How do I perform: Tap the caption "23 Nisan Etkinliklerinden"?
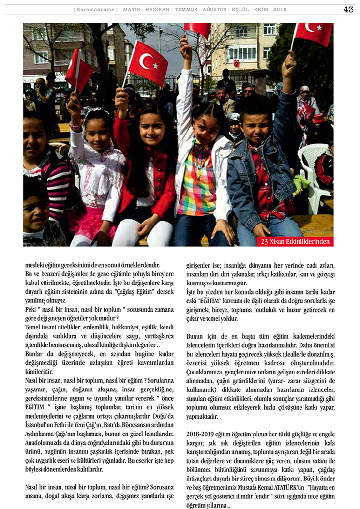[x=296, y=241]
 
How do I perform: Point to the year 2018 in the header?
[x=280, y=10]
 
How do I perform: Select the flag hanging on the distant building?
[x=237, y=63]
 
